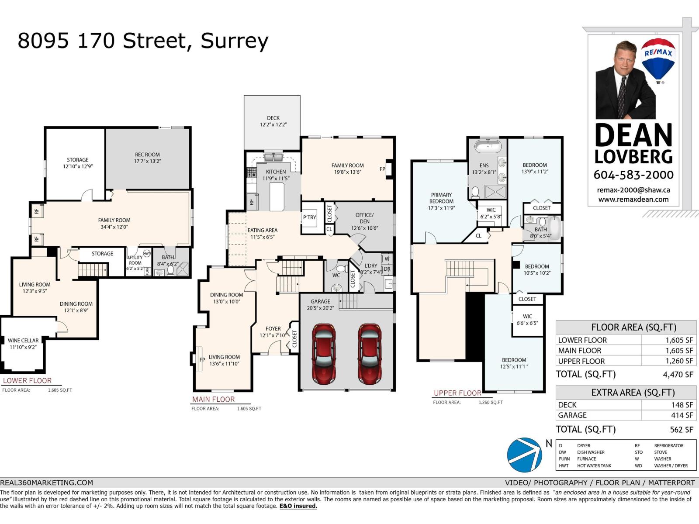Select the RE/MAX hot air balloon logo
658,59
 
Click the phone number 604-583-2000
633,175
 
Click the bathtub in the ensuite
488,146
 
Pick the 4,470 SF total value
678,375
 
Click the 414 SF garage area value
682,415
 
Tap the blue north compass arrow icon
524,455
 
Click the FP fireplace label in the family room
382,169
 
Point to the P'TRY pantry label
309,217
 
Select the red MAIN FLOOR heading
213,399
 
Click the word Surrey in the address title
234,41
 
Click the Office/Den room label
364,218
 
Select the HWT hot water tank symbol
147,254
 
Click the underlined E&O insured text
298,506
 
